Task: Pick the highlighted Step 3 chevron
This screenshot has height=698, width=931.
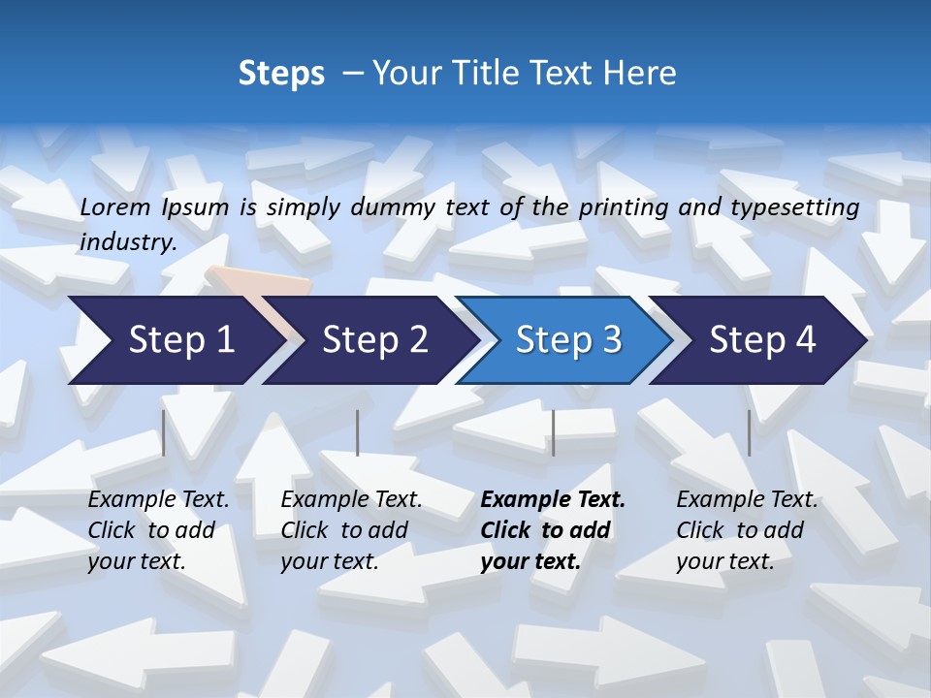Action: coord(568,340)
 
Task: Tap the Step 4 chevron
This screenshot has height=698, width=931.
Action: coord(762,340)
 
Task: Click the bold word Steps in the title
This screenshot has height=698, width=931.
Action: coord(281,74)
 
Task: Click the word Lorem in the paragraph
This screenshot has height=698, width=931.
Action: coord(115,206)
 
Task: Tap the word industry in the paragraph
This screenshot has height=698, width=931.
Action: coord(128,241)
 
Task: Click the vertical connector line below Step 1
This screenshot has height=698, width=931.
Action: coord(164,432)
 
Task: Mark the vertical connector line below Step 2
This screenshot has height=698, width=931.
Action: coord(358,432)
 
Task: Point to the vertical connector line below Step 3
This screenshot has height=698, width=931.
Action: coord(553,432)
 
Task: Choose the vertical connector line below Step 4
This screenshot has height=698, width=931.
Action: coord(749,432)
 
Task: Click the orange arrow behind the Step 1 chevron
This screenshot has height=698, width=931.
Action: coord(262,282)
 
